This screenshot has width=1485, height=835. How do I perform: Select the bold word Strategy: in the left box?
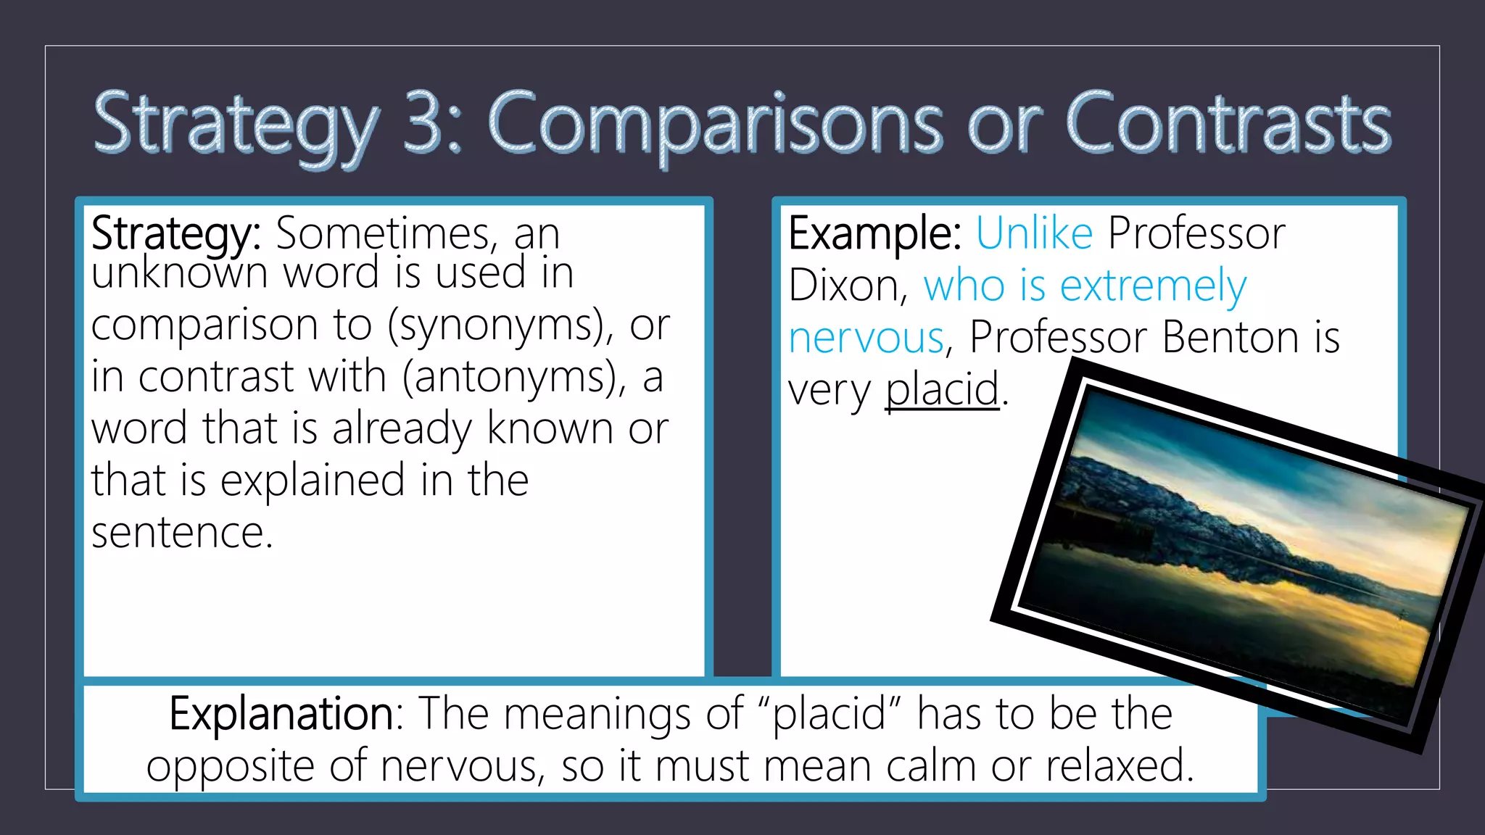(176, 233)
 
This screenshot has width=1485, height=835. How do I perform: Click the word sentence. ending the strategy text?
(182, 533)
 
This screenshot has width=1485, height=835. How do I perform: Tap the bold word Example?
(874, 233)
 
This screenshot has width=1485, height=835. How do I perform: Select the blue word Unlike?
(1034, 233)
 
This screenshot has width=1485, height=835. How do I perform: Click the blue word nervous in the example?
(866, 338)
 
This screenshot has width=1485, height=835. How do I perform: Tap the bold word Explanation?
(281, 713)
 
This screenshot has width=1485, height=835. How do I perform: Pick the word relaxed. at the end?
(1119, 765)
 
